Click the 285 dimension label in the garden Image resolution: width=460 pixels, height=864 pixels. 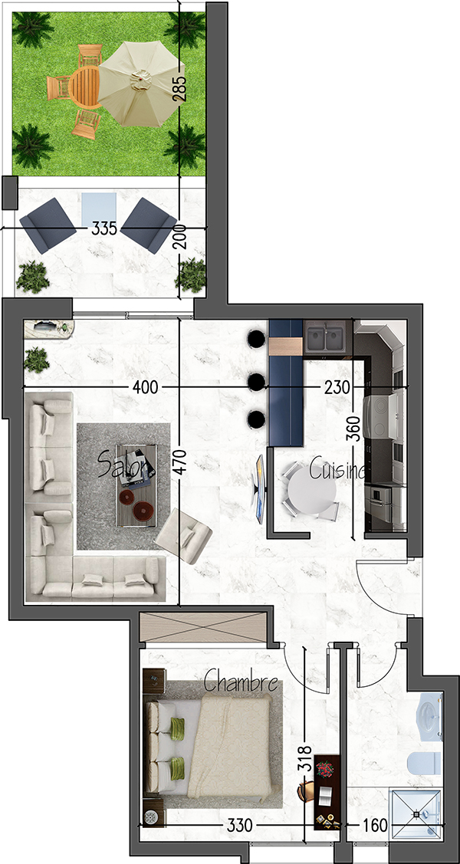click(180, 87)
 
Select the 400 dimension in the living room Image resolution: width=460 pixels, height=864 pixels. click(146, 387)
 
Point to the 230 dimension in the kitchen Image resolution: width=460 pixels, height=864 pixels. click(337, 387)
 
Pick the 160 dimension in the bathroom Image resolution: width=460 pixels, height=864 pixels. click(375, 826)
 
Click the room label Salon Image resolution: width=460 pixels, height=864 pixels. click(127, 465)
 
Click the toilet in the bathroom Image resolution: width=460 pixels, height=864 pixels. click(424, 765)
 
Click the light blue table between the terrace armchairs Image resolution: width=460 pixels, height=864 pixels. click(98, 209)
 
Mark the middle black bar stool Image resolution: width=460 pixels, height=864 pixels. click(255, 381)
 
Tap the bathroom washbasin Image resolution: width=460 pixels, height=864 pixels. click(430, 716)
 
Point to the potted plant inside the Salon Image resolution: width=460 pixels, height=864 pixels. click(37, 360)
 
